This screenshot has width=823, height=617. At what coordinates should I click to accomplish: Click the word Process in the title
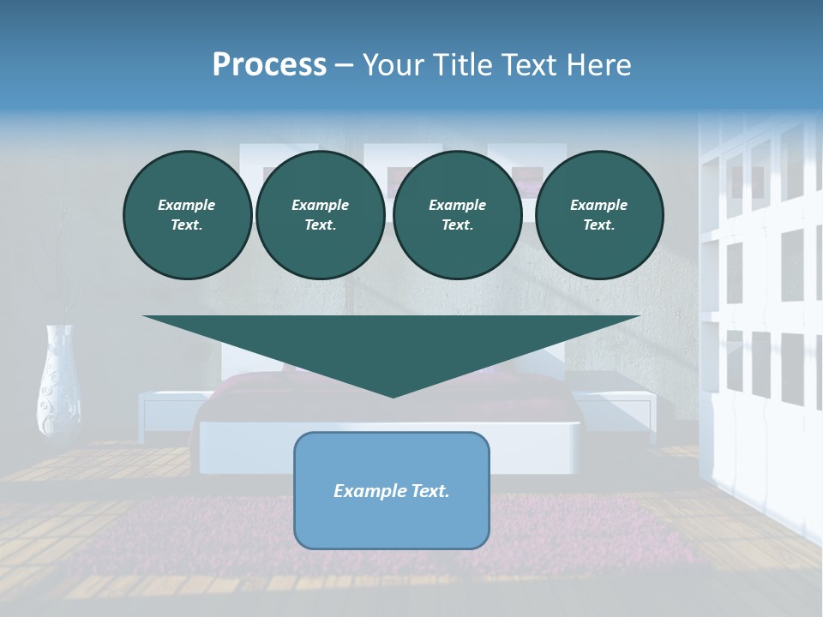click(x=269, y=65)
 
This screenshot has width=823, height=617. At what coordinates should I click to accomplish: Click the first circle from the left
click(x=187, y=215)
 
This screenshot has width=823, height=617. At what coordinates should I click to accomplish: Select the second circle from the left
click(x=320, y=215)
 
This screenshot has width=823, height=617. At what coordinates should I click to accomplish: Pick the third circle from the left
click(x=457, y=215)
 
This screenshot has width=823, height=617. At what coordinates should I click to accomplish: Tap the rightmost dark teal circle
click(x=598, y=215)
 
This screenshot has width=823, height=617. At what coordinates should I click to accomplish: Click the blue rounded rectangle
click(x=392, y=490)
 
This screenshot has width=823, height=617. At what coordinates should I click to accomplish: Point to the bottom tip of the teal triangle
click(x=393, y=395)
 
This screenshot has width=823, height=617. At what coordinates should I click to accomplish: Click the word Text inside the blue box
click(x=427, y=491)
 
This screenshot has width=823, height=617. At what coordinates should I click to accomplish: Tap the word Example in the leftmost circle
click(x=187, y=205)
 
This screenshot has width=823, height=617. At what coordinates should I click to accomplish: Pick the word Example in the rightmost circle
click(x=598, y=205)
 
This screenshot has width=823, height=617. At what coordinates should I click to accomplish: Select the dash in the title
click(x=344, y=66)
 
